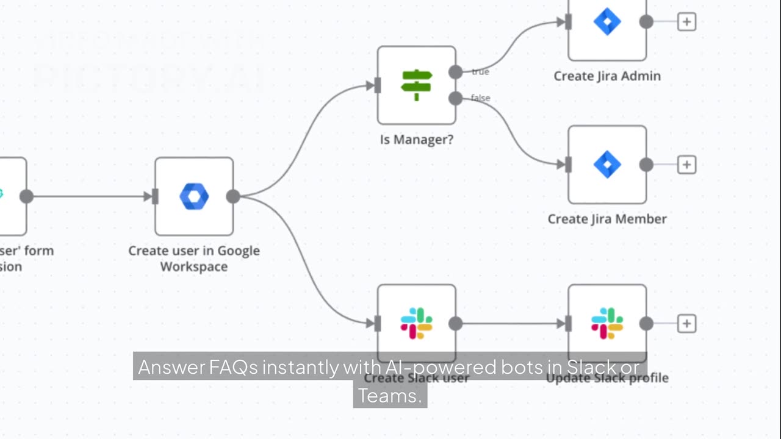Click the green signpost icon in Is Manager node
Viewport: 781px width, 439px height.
tap(417, 85)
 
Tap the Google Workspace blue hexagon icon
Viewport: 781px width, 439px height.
tap(194, 196)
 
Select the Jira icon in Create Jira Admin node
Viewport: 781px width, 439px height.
tap(607, 22)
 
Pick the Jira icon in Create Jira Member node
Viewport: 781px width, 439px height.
tap(607, 165)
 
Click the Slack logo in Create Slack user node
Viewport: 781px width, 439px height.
tap(417, 323)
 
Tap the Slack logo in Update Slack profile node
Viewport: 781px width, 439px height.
tap(607, 323)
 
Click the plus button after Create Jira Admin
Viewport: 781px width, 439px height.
tap(687, 22)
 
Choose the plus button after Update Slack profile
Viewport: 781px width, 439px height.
tap(687, 323)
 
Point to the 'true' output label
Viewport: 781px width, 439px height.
tap(480, 72)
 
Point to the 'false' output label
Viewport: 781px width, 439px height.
tap(481, 98)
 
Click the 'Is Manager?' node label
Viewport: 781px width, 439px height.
tap(417, 140)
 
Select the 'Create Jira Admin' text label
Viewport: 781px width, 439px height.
tap(607, 76)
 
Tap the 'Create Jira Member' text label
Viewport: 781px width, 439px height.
tap(607, 219)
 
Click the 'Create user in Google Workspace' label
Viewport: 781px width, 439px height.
tap(194, 259)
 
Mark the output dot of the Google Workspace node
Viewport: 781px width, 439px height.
tap(233, 196)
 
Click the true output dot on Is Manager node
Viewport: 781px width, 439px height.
tap(455, 72)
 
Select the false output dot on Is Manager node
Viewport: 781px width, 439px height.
tap(455, 98)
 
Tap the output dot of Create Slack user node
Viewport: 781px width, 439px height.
tap(455, 323)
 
